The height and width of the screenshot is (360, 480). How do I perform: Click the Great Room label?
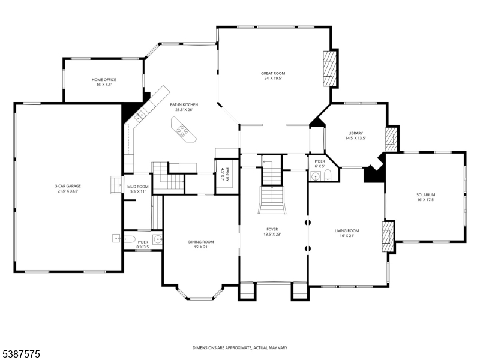point(273,73)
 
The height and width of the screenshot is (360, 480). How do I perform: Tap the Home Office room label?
point(104,80)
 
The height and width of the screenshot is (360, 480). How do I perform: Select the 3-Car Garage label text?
point(68,186)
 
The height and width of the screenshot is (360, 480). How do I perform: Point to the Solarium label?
point(425,194)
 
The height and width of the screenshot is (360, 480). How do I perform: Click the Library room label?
point(355,133)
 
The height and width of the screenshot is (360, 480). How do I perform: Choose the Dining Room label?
point(201,242)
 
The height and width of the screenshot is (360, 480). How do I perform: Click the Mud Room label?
point(138,187)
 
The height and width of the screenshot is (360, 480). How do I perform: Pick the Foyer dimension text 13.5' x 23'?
point(272,235)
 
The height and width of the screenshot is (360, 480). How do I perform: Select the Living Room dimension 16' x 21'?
point(347,236)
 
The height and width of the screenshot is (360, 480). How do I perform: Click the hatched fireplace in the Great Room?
point(330,68)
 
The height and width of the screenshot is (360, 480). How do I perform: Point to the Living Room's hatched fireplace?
point(388,236)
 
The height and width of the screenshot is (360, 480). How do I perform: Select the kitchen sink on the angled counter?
point(140,116)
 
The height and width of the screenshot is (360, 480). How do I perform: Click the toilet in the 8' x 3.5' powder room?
point(130,239)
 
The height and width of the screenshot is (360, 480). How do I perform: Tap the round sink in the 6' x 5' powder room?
point(314,176)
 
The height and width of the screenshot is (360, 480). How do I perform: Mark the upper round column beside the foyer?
point(308,222)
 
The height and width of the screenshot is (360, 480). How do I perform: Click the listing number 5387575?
point(20,354)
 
